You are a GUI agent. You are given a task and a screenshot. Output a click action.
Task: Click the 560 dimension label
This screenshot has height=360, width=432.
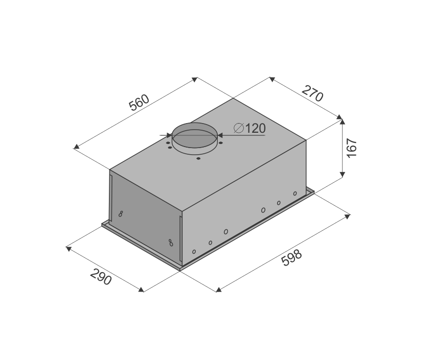(140, 103)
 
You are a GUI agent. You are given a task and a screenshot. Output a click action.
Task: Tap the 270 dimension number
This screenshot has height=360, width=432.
(312, 93)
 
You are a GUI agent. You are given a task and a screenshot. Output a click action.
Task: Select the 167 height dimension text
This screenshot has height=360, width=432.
(352, 148)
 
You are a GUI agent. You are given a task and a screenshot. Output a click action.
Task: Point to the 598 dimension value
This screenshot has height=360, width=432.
(292, 257)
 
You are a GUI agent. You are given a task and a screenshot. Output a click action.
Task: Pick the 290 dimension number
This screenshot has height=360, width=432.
(101, 276)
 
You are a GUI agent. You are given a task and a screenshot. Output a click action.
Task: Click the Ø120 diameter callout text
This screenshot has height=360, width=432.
(249, 128)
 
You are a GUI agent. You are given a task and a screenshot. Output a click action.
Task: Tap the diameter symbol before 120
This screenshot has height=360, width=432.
(239, 128)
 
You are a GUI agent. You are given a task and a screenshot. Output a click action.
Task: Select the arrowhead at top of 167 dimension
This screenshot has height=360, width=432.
(342, 122)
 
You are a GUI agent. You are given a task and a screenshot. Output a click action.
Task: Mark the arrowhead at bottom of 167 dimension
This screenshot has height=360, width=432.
(342, 175)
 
